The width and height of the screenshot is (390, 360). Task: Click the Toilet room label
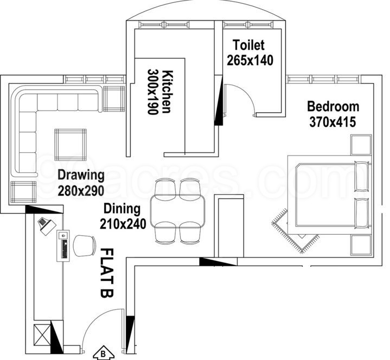point(248,45)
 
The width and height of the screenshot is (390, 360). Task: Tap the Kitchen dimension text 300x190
point(153,92)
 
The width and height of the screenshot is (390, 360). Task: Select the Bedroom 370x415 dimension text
point(333,122)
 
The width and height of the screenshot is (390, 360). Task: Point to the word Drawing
point(81,175)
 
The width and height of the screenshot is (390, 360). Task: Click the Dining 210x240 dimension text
point(123,224)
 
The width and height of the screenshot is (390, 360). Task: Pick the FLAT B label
point(107,273)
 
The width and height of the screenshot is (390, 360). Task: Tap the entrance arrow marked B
point(103,354)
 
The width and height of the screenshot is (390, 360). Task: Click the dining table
point(178,211)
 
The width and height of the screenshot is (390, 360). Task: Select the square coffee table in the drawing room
point(71,145)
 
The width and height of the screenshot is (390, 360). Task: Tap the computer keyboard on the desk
point(65,249)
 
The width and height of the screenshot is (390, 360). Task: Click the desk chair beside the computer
point(85,246)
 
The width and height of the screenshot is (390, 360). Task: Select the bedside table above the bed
point(361,145)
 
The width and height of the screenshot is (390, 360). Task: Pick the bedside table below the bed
point(361,245)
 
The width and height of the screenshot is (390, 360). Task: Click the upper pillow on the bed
point(362,176)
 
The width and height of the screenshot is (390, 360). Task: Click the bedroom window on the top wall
point(323,79)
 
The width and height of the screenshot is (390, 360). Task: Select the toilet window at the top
point(248,24)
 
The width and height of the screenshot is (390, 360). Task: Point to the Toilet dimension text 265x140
point(250,60)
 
